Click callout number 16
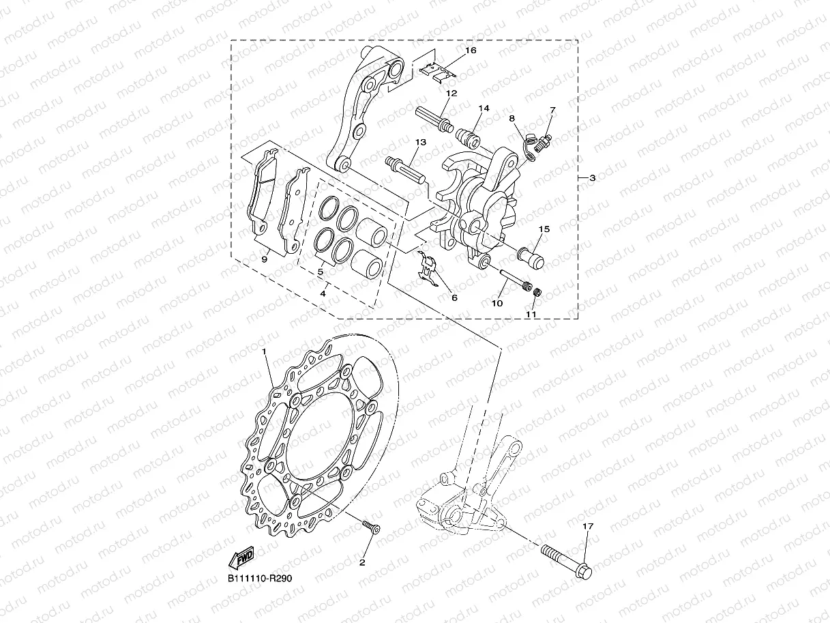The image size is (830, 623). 471,50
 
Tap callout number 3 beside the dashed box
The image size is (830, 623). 592,178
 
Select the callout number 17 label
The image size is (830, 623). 588,526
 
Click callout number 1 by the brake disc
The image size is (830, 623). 264,350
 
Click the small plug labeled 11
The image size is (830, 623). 536,292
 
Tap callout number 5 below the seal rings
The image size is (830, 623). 320,272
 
